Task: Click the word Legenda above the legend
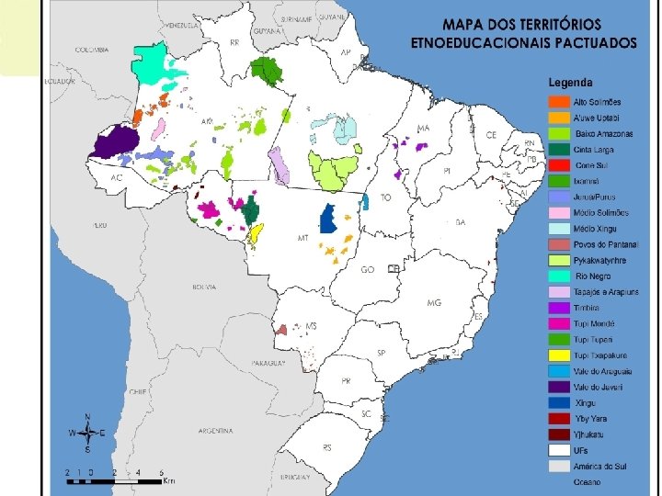(571, 82)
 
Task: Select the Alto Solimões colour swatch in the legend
(558, 101)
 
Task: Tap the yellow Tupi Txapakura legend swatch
(558, 355)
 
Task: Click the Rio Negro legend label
(594, 276)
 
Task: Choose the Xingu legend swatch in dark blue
(558, 403)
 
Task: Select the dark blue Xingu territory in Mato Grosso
(326, 219)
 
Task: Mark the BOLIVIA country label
(204, 287)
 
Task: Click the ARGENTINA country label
(218, 431)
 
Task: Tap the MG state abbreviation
(434, 302)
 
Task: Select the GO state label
(367, 270)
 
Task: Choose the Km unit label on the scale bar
(169, 480)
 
